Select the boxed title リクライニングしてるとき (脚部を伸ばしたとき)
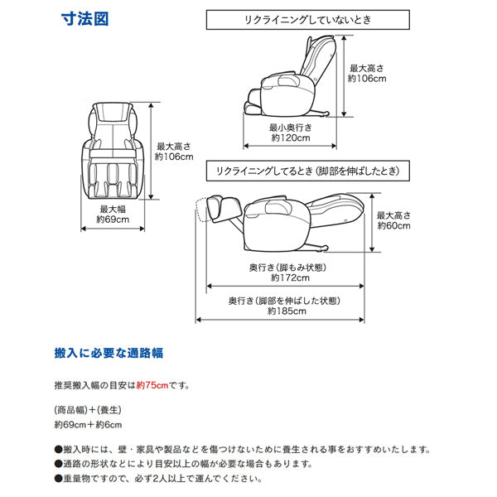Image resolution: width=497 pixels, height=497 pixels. [306, 171]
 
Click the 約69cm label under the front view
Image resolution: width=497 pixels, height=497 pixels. [113, 220]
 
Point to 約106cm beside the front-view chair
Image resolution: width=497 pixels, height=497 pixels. [174, 156]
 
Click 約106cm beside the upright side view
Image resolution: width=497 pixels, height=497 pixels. [368, 80]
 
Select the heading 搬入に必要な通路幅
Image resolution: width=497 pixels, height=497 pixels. [108, 353]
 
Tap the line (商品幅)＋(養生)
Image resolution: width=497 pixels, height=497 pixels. [88, 410]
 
